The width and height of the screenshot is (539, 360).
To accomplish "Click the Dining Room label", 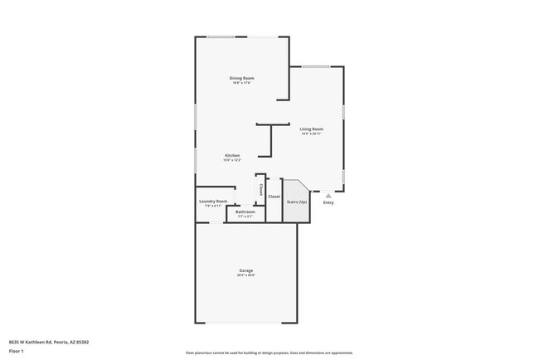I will [x=242, y=78].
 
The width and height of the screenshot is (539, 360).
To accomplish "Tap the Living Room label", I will [x=312, y=129].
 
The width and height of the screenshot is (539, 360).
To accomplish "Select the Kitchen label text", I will [x=233, y=155].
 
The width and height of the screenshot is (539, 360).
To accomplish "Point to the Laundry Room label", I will [x=213, y=201].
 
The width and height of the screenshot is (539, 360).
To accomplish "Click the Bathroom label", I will [x=245, y=212].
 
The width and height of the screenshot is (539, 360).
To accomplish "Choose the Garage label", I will [x=246, y=270].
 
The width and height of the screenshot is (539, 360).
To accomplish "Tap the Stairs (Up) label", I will [x=297, y=202].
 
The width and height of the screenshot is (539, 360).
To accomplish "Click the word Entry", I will [x=328, y=202].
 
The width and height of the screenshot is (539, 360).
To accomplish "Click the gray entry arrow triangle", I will [x=328, y=196].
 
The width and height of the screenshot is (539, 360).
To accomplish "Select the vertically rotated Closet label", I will [x=260, y=189].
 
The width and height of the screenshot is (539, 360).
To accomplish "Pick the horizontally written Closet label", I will [x=274, y=197].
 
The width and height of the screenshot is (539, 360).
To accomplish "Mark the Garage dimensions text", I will [x=246, y=275].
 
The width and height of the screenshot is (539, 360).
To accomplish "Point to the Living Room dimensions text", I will [x=312, y=134].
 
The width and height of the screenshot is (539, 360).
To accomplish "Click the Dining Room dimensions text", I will [x=242, y=83].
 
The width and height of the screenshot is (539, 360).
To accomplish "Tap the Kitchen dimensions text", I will [x=233, y=160].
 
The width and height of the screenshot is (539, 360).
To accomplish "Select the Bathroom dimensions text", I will [x=245, y=216].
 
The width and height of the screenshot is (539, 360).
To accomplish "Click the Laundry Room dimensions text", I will [x=213, y=206].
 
